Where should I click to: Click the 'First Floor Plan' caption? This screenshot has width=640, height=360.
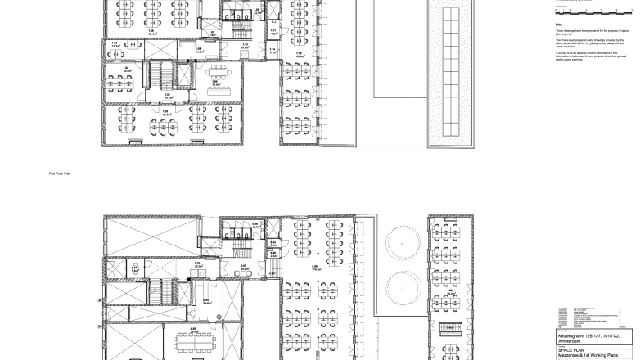[60, 173]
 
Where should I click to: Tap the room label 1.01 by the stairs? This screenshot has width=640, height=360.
[168, 95]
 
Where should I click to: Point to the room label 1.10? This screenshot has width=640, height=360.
[300, 54]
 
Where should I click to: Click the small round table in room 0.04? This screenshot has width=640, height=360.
[210, 305]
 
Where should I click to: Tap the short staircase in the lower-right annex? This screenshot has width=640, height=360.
[448, 328]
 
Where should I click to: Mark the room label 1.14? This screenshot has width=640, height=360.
[273, 49]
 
